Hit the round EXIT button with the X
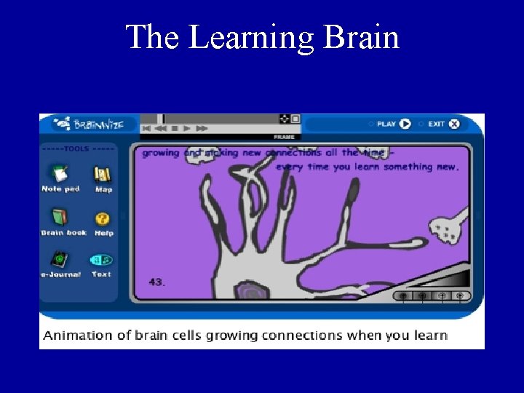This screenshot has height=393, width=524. pyautogui.click(x=454, y=124)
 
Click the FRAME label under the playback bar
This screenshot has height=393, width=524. pyautogui.click(x=283, y=137)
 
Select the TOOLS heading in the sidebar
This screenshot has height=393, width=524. pyautogui.click(x=76, y=148)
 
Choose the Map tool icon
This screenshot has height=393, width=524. pyautogui.click(x=103, y=174)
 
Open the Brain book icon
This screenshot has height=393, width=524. pyautogui.click(x=60, y=217)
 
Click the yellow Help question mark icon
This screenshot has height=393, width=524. pyautogui.click(x=103, y=218)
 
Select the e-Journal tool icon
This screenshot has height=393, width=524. pyautogui.click(x=60, y=259)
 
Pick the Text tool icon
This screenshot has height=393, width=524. pyautogui.click(x=101, y=260)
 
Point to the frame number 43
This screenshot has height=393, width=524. pyautogui.click(x=156, y=282)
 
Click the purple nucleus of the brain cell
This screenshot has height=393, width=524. pyautogui.click(x=251, y=292)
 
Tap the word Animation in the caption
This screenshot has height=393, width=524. pyautogui.click(x=78, y=336)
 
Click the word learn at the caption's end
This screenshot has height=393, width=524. pyautogui.click(x=430, y=336)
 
